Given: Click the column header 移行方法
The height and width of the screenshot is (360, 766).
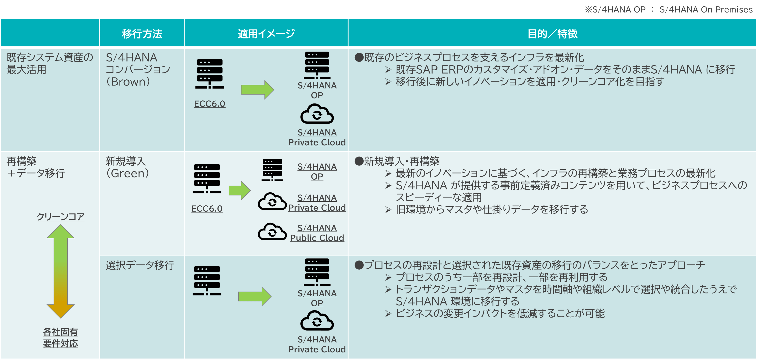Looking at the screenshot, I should pos(142,34).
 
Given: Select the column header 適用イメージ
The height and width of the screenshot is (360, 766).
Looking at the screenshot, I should pos(266,34).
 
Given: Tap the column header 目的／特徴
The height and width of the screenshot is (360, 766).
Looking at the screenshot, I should pos(552,34).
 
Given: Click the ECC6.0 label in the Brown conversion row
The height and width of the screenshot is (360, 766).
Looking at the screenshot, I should pos(209,104).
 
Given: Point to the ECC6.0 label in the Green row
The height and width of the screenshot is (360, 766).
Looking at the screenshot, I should pos(207,209).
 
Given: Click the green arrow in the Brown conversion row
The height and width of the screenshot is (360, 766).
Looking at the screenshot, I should pos(257,90).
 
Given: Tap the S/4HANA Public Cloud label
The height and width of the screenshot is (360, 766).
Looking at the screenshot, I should pos(317,233).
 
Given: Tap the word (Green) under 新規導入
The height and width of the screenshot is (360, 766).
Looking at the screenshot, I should pos(128,173).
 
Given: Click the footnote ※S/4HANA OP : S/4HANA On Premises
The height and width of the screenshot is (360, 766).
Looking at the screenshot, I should pos(669,9).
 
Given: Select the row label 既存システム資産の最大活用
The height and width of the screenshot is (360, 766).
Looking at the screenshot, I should pos(50,63).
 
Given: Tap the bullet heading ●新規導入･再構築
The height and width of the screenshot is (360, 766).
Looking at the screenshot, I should pos(397,161).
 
